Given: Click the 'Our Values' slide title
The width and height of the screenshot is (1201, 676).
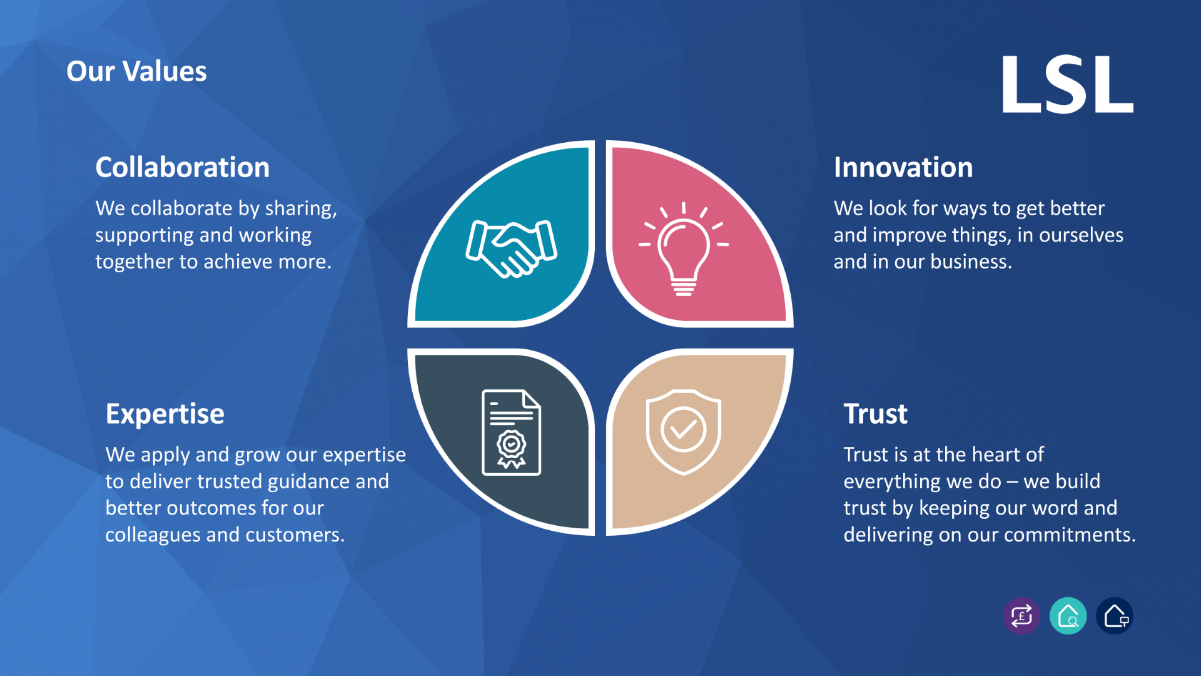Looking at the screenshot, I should [x=136, y=71].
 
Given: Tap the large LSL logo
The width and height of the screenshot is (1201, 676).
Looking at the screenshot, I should [x=1067, y=84].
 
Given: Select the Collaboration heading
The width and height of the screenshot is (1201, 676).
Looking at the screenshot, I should [x=182, y=168].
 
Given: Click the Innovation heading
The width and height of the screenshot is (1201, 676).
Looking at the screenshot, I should [x=903, y=168].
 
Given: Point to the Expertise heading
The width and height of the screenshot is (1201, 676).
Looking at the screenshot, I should [x=165, y=414].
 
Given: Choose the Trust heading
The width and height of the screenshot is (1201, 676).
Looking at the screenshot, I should [x=874, y=414].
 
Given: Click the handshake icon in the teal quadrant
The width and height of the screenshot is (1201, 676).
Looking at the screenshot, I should [x=511, y=248].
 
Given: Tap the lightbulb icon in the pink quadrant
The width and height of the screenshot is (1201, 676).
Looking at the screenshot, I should [x=683, y=250].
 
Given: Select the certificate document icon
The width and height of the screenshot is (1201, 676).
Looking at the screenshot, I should [x=511, y=432].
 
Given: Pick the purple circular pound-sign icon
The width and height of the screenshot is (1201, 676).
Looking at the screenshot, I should [x=1021, y=616].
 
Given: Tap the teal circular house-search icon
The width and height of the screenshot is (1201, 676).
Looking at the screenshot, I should [x=1068, y=616].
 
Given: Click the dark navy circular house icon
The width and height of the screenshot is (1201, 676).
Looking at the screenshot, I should [x=1115, y=616].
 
